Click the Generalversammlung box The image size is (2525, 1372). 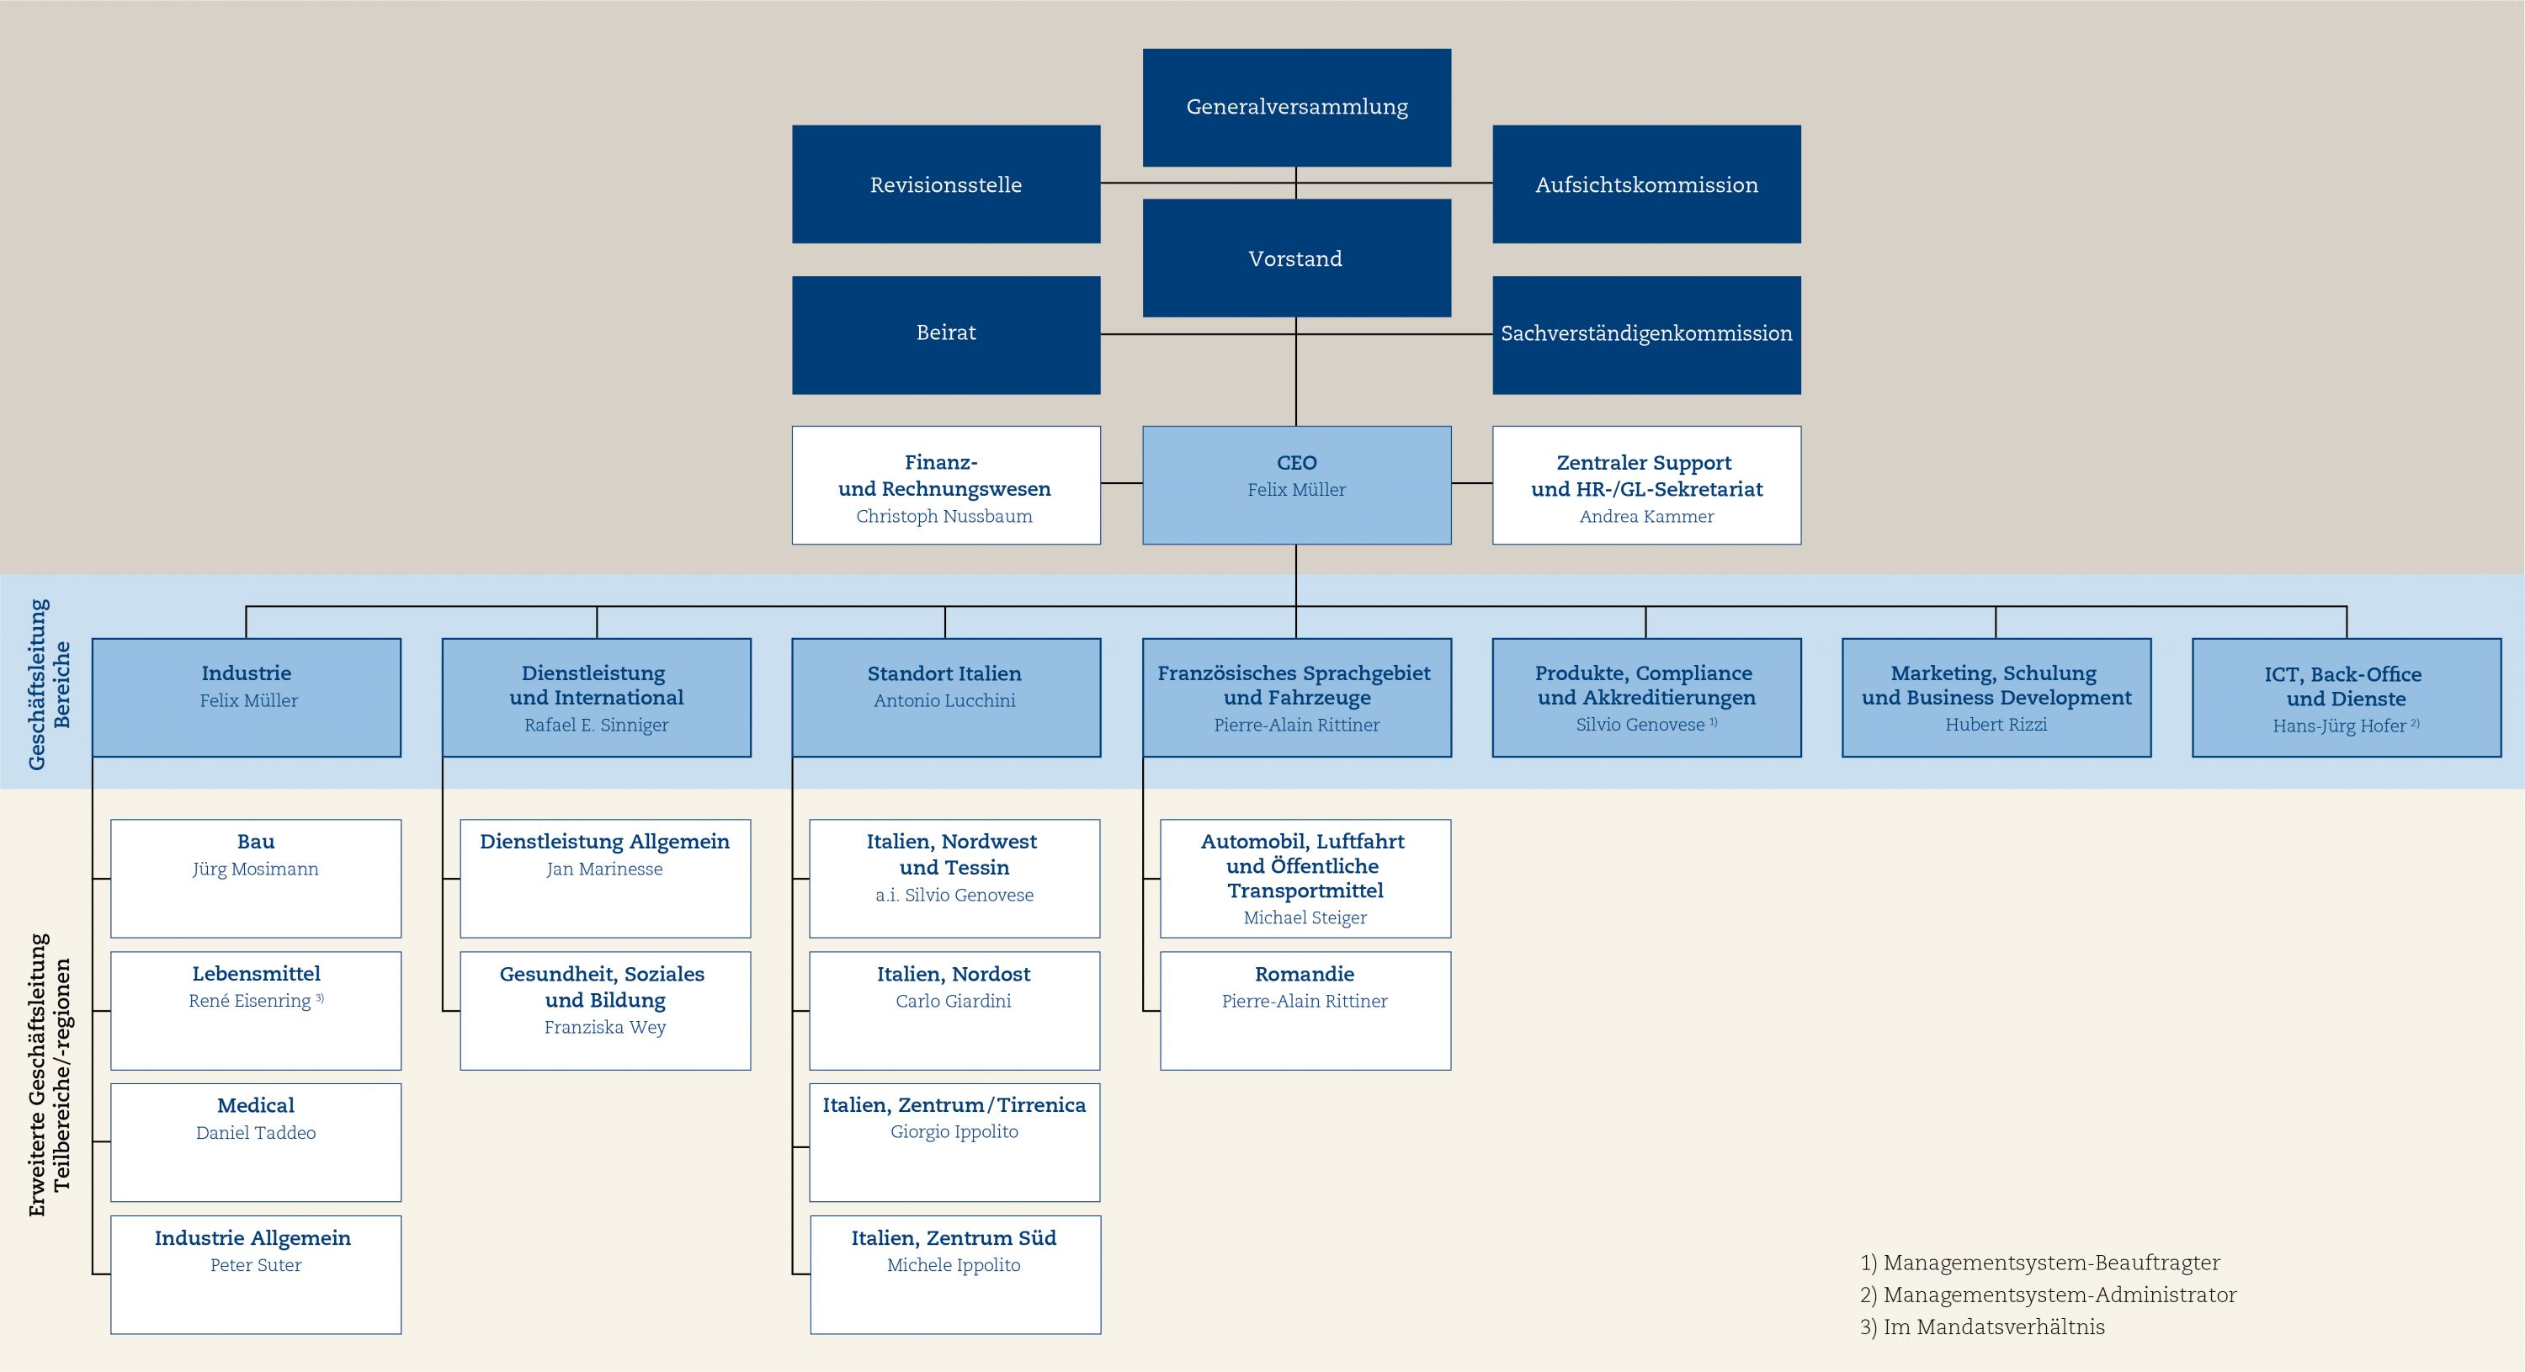coord(1297,108)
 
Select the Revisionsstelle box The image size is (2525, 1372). coord(946,184)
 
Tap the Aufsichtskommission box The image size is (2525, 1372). coord(1647,184)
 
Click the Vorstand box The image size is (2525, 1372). coord(1297,258)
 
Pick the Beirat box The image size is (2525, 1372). coord(946,335)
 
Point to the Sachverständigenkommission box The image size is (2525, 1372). coord(1647,335)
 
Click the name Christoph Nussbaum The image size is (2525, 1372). coord(944,517)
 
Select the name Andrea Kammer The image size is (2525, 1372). coord(1647,517)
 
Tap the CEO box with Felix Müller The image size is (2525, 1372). coord(1297,485)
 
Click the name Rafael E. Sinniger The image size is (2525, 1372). coord(596,726)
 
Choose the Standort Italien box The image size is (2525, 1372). coord(946,698)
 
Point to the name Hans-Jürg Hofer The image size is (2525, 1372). coord(2339,726)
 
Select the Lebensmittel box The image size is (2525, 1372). coord(256,1010)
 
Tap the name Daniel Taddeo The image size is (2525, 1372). coord(256,1133)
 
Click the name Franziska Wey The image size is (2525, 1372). coord(605,1027)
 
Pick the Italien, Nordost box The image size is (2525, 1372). coord(954,1010)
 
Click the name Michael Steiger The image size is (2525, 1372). coord(1305,918)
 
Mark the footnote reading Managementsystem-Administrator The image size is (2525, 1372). coord(2060,1295)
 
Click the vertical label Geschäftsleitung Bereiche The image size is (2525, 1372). coord(49,684)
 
